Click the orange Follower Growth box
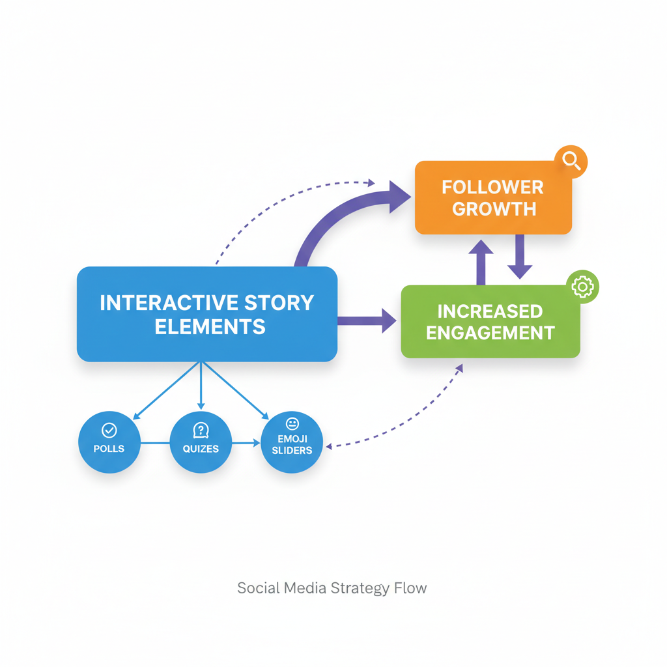[x=493, y=198]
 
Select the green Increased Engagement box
[x=490, y=321]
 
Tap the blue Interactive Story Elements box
[x=206, y=314]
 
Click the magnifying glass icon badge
[x=572, y=161]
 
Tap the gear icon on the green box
[x=582, y=287]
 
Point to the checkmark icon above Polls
[x=109, y=430]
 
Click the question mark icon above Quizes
[x=201, y=430]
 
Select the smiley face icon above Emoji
[x=292, y=424]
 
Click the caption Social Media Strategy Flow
[x=332, y=588]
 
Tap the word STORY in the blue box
[x=278, y=303]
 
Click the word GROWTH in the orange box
[x=493, y=209]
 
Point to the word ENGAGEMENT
[x=490, y=332]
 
